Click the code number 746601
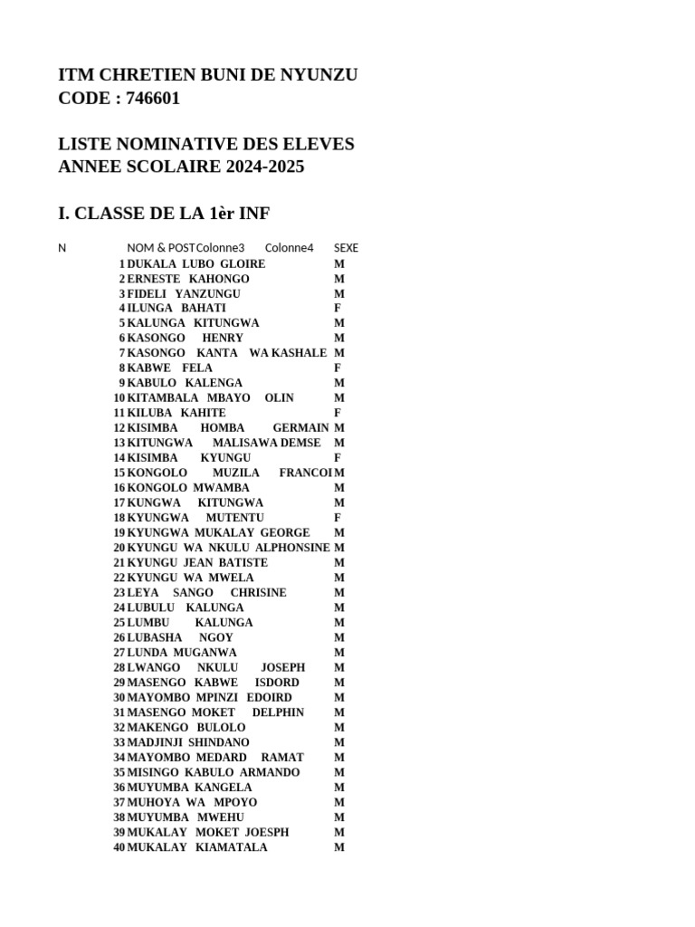[x=148, y=99]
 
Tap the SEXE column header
[x=346, y=248]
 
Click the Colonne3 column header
[x=220, y=248]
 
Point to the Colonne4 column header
[x=289, y=248]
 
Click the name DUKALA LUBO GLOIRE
[x=195, y=263]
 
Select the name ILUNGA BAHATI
[x=176, y=309]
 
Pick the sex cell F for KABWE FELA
[x=338, y=368]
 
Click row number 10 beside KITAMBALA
[x=119, y=398]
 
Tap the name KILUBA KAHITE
[x=176, y=413]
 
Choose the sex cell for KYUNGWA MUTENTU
[x=338, y=518]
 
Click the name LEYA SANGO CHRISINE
[x=206, y=593]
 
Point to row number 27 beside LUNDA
[x=119, y=653]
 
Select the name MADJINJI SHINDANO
[x=188, y=742]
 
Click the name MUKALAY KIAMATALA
[x=197, y=847]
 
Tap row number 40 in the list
[x=119, y=847]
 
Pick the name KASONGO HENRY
[x=185, y=339]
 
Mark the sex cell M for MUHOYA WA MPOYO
[x=339, y=802]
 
